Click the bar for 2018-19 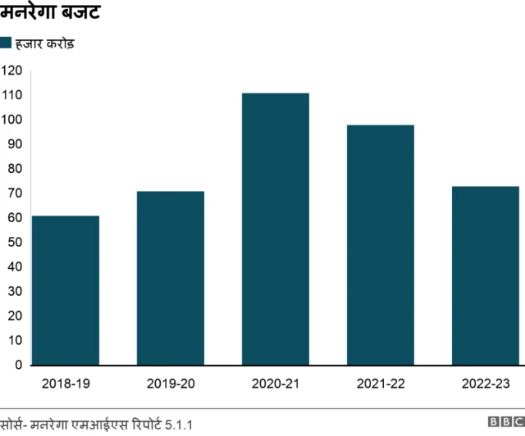[x=66, y=290]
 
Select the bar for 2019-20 [x=171, y=278]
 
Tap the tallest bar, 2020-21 [x=276, y=229]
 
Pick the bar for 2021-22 [x=381, y=245]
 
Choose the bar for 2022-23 [x=486, y=275]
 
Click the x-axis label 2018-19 [x=66, y=383]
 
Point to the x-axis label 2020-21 [x=276, y=383]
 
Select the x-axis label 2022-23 [x=486, y=383]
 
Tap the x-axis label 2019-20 [x=171, y=383]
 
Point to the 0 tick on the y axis [x=18, y=365]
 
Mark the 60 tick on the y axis [x=15, y=218]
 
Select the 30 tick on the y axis [x=15, y=291]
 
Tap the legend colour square [x=6, y=43]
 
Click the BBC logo [x=505, y=423]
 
